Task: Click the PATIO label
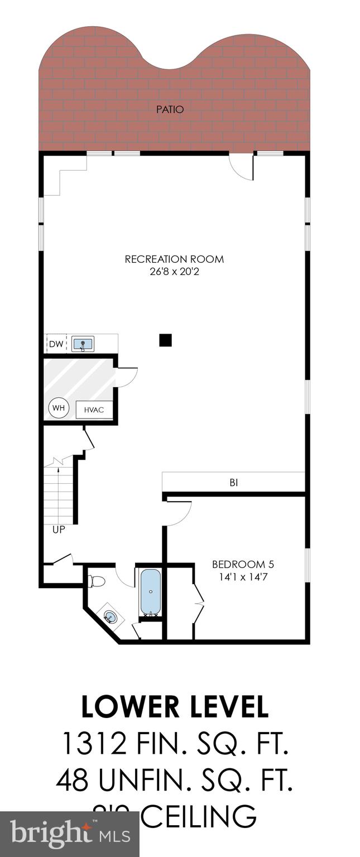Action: coord(170,110)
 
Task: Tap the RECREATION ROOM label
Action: coord(174,259)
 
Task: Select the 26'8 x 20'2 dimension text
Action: coord(174,271)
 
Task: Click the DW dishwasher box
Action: coord(56,344)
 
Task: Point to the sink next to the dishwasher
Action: coord(84,344)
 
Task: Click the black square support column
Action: coord(165,340)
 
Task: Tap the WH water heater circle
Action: coord(59,408)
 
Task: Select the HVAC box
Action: coord(94,410)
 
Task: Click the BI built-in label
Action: coord(233,483)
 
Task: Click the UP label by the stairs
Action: coord(59,529)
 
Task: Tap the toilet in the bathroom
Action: coord(97,582)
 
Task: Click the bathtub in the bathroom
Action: coord(150,591)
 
